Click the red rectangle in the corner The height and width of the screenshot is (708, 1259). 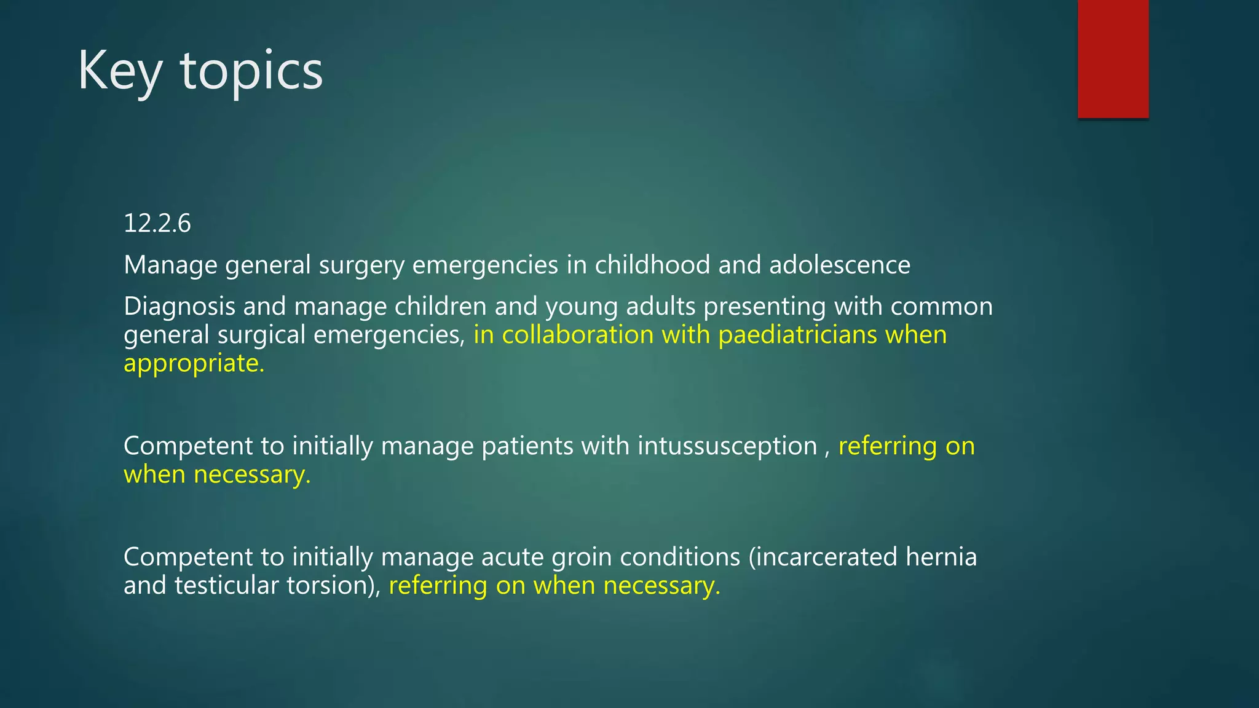coord(1113,59)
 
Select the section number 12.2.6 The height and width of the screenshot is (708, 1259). coord(157,223)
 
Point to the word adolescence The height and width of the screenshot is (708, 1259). coord(840,265)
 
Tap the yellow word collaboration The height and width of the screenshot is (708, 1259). coord(577,335)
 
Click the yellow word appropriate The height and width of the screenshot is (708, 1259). coord(194,364)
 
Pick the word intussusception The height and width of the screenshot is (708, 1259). coord(727,446)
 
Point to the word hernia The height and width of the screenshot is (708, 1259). coord(941,557)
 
